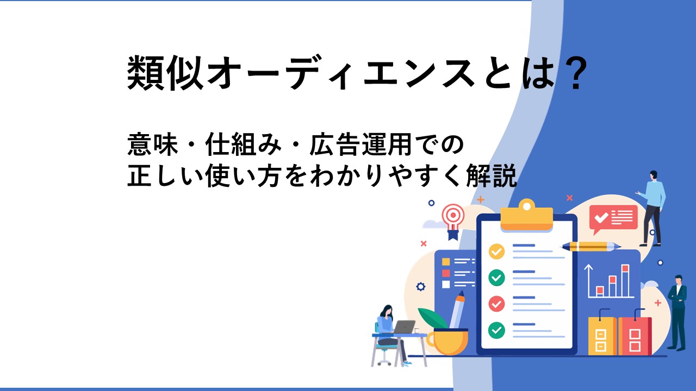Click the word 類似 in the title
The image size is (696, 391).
(165, 73)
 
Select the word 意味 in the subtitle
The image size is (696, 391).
(153, 144)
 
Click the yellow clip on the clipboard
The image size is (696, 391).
(527, 215)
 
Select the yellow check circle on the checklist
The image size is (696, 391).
(496, 251)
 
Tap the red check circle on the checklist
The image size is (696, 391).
(496, 304)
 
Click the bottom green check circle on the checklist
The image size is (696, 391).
(496, 330)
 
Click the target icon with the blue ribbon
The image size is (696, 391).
(453, 221)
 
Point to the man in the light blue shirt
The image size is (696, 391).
(652, 208)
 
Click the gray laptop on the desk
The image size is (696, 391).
(403, 327)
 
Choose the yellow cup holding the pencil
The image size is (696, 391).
(448, 342)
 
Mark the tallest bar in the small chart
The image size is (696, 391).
(625, 281)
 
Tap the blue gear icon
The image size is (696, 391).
(421, 286)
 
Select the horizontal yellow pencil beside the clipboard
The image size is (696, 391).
(591, 247)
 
